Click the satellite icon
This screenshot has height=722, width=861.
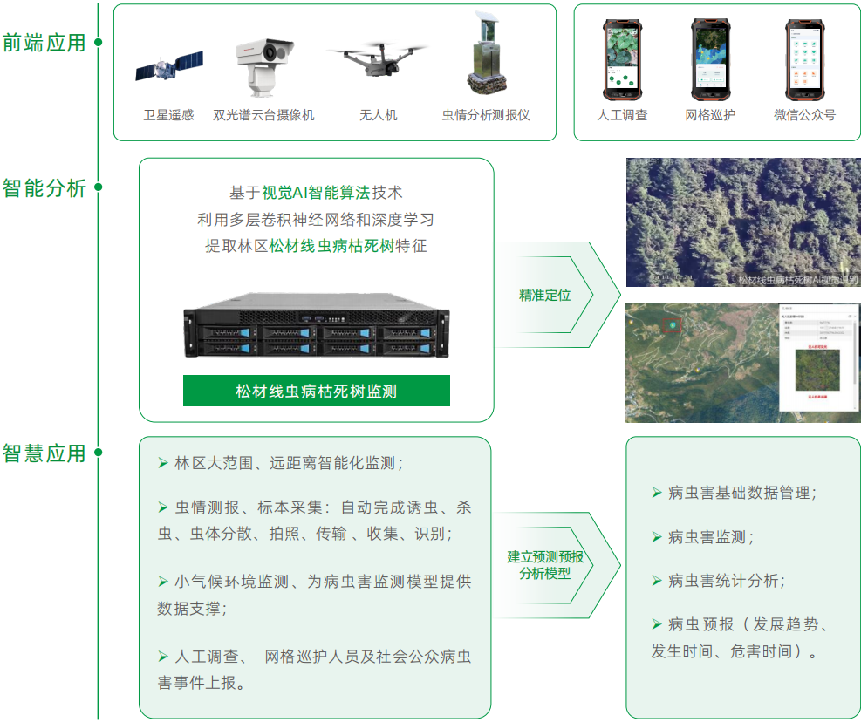tap(169, 67)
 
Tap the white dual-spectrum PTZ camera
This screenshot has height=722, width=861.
tap(263, 65)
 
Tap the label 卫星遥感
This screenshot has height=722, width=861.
tap(169, 115)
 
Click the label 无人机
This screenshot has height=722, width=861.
tap(378, 115)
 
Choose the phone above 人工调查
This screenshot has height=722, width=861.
tap(622, 59)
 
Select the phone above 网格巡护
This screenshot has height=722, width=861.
tap(710, 59)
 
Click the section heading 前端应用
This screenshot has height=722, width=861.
tap(44, 42)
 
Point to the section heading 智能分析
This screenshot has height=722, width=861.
tap(44, 187)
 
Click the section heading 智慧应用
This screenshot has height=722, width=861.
tap(44, 453)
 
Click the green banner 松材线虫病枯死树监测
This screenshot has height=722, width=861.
tap(316, 391)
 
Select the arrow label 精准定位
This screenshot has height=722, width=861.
tap(544, 295)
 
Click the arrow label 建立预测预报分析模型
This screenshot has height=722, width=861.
tap(545, 565)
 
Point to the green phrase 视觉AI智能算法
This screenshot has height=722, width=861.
tap(316, 193)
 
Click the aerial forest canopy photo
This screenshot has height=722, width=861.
tap(742, 221)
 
